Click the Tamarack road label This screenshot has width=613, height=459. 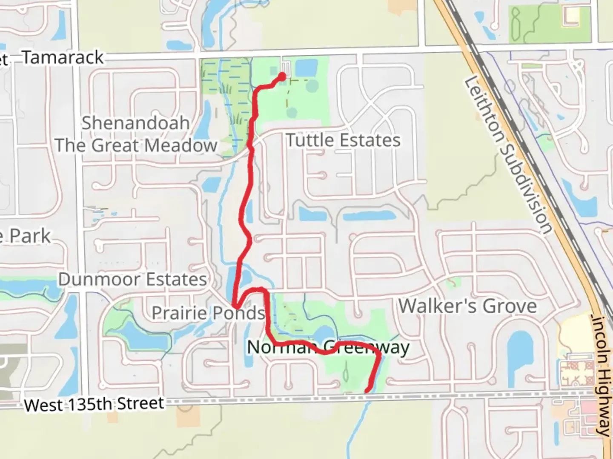pos(63,57)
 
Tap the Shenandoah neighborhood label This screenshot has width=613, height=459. pos(135,123)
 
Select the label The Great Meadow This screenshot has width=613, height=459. pos(136,146)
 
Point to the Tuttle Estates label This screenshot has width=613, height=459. pos(343,140)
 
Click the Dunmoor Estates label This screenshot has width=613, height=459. pos(132,279)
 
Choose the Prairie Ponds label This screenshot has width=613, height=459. pos(208,313)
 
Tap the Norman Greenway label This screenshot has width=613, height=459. pos(328,347)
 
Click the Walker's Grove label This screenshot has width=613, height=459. pos(467,306)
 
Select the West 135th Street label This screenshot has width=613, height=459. pos(94,404)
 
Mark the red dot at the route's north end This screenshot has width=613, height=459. pos(282,77)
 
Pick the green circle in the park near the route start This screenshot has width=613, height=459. pos(312,85)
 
